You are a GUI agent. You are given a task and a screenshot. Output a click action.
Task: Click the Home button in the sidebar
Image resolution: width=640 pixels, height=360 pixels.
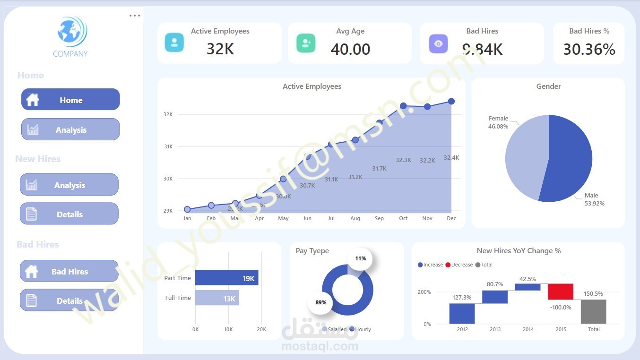70,100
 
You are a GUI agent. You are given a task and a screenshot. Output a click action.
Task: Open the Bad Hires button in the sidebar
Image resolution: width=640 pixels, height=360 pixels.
69,271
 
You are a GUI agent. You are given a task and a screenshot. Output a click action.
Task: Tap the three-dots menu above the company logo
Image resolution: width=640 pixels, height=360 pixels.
135,16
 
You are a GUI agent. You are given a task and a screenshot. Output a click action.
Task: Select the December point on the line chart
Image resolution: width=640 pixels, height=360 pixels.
451,101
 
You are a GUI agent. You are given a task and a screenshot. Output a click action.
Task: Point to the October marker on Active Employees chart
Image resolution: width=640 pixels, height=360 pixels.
403,106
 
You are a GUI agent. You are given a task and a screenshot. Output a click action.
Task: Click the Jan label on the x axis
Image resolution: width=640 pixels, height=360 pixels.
187,218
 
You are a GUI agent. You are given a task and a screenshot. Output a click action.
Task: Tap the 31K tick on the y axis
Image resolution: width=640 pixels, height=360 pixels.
168,146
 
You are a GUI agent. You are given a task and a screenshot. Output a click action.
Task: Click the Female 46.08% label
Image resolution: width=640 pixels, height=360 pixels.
498,122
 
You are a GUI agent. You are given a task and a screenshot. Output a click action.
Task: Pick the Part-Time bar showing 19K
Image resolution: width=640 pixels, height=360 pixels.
226,278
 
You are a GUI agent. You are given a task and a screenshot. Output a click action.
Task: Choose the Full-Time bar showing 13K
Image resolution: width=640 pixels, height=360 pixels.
217,298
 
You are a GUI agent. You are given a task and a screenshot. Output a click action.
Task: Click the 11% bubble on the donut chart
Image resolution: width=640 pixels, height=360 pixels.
360,258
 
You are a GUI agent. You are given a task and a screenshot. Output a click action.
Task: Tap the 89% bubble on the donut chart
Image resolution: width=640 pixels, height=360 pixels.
321,302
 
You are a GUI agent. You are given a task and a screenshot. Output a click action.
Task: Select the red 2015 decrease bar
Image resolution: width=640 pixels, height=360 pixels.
561,291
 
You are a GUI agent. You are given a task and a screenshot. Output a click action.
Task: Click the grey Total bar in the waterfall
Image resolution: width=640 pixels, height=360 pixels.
593,311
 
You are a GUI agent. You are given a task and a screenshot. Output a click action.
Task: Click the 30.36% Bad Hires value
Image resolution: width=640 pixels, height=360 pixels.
589,49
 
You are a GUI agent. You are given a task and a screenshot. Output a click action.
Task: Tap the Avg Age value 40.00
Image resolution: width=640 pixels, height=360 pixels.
350,49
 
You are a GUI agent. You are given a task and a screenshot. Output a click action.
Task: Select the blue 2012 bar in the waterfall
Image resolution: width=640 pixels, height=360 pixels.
462,313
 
